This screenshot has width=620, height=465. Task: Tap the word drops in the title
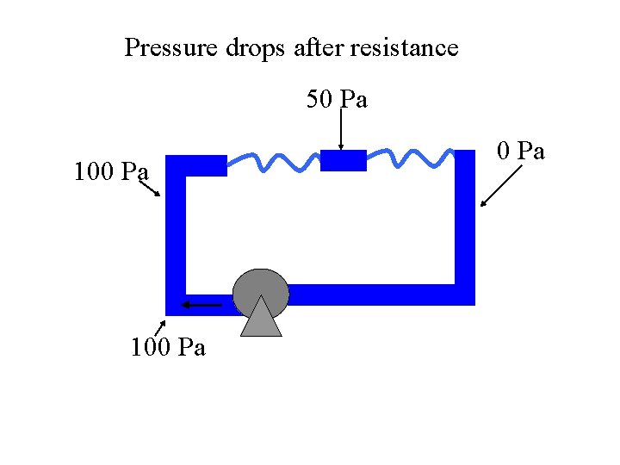click(256, 48)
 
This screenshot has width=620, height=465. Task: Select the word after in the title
click(318, 47)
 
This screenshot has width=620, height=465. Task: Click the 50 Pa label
click(338, 100)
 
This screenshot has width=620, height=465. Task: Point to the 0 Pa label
click(522, 152)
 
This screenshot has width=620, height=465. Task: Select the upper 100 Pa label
click(111, 172)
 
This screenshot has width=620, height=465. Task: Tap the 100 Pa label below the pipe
click(168, 348)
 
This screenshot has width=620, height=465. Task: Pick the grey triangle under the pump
click(261, 319)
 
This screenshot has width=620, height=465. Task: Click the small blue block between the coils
click(344, 160)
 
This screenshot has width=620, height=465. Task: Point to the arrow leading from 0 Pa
click(501, 186)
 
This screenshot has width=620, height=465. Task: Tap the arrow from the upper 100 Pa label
click(148, 188)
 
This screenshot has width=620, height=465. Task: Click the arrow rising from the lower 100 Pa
click(159, 326)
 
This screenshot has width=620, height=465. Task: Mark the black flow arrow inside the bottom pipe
click(201, 303)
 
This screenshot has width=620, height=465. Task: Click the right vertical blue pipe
click(465, 224)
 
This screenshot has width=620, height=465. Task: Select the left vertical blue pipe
click(175, 232)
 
